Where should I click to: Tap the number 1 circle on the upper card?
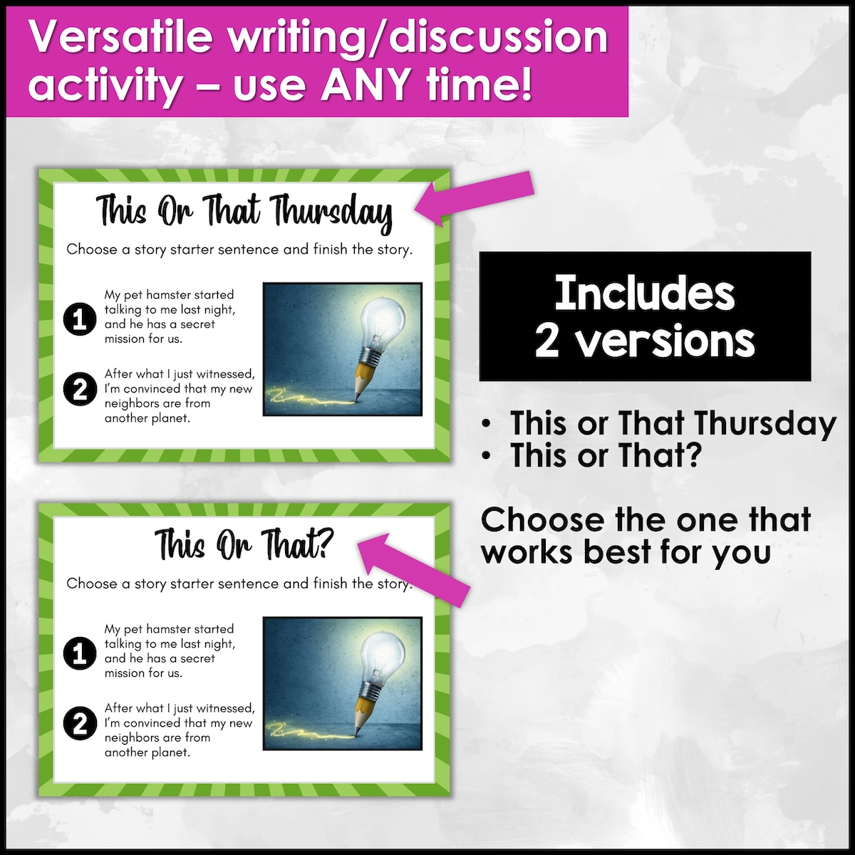[80, 318]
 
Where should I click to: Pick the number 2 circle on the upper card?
[80, 389]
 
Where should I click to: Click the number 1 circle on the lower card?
[80, 653]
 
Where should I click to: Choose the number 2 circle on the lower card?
[80, 723]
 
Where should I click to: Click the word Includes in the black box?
[645, 294]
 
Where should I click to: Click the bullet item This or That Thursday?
[673, 424]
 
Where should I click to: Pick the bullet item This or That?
[606, 455]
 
